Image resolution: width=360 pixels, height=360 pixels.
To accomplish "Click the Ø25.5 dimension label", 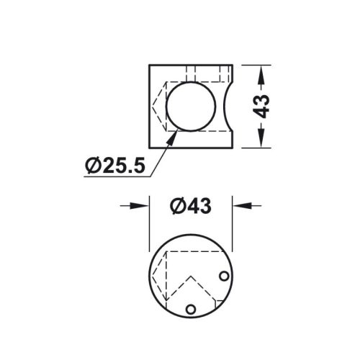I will click(x=114, y=166).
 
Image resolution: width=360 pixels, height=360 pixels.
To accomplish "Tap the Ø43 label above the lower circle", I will click(x=190, y=206).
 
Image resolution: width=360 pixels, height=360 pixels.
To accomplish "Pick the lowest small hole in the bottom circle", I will click(x=191, y=308).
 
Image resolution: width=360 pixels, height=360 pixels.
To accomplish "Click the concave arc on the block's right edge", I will click(x=226, y=106).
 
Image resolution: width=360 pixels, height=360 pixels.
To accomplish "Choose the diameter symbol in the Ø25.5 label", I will click(x=91, y=166).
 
